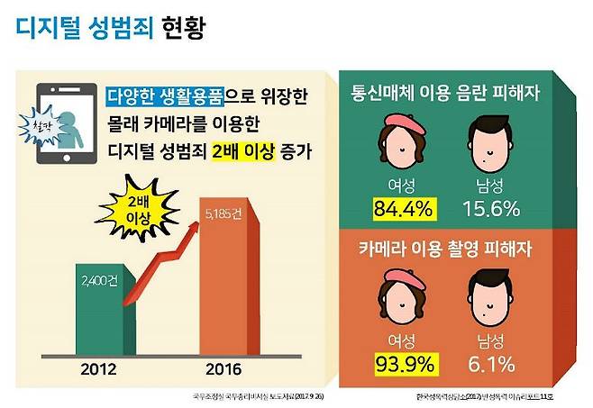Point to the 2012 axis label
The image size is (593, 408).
96,368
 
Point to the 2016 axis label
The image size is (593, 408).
226,368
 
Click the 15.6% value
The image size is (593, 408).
492,210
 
